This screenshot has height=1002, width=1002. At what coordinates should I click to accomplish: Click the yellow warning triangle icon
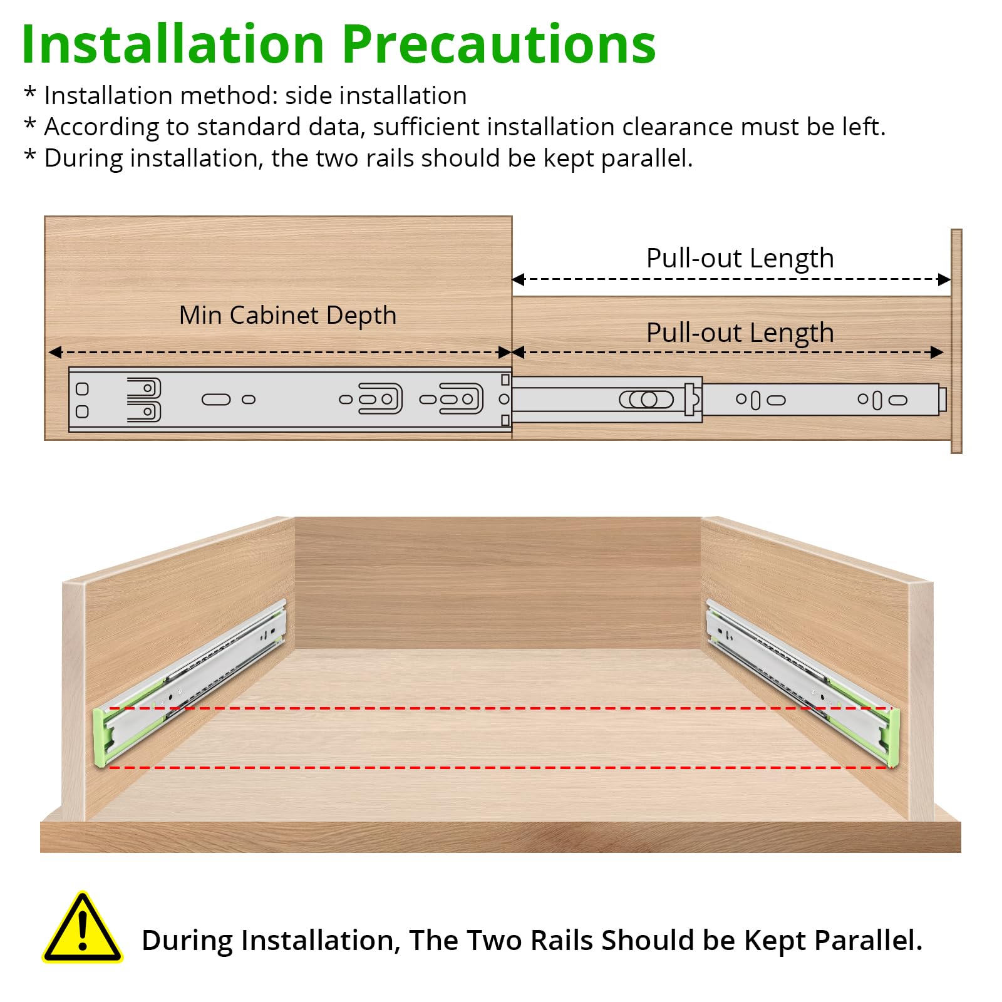pyautogui.click(x=82, y=928)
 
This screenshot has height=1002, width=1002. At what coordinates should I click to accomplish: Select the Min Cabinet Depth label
pyautogui.click(x=288, y=316)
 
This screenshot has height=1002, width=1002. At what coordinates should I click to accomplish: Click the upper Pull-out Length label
pyautogui.click(x=740, y=259)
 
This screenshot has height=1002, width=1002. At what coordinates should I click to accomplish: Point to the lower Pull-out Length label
pyautogui.click(x=740, y=333)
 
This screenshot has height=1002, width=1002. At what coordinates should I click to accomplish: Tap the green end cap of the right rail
pyautogui.click(x=893, y=738)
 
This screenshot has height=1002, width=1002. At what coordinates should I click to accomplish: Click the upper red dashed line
pyautogui.click(x=500, y=708)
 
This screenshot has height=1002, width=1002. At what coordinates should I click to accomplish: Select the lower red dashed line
pyautogui.click(x=500, y=767)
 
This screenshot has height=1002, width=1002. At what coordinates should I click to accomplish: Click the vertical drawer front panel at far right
pyautogui.click(x=956, y=341)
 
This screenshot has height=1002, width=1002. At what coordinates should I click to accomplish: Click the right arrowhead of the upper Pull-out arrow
pyautogui.click(x=944, y=279)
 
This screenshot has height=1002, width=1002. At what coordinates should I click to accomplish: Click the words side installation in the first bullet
pyautogui.click(x=376, y=96)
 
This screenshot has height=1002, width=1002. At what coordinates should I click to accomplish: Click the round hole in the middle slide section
pyautogui.click(x=649, y=400)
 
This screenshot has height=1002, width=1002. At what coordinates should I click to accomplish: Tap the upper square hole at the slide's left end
pyautogui.click(x=82, y=389)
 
